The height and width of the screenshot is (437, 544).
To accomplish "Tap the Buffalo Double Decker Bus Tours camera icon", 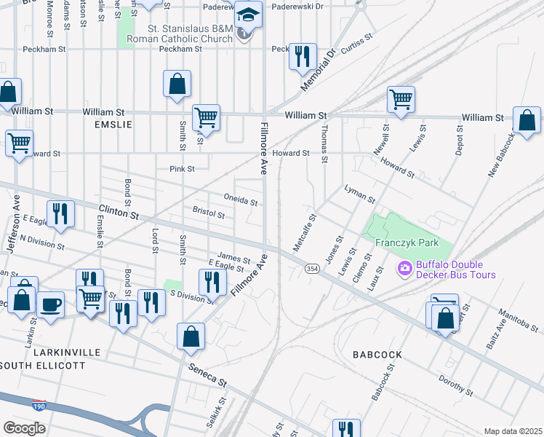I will tap(405, 269).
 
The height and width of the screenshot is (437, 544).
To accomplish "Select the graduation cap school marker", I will tap(248, 15).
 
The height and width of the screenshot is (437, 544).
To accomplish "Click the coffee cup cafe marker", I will tap(50, 304).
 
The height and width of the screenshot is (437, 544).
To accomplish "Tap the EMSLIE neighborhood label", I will tap(113, 125).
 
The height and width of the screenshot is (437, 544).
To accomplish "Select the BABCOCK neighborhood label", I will tap(377, 355).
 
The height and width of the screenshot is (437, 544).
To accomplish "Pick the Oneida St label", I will tap(241, 200).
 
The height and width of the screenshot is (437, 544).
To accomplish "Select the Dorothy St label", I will tap(456, 387).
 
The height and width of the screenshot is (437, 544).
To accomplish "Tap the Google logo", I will tap(25, 428).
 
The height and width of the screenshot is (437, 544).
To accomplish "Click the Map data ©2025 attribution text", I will tap(513, 431).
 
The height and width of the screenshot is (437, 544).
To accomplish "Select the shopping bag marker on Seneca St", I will tap(191, 336).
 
